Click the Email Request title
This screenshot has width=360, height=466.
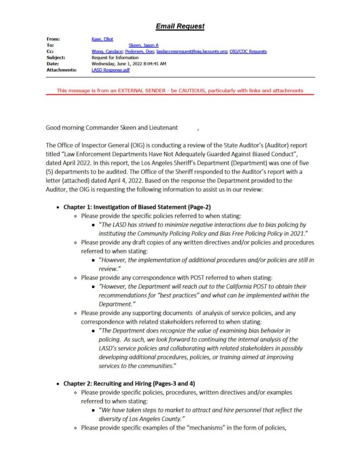click(x=180, y=26)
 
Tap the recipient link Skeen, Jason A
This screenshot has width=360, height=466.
click(x=144, y=46)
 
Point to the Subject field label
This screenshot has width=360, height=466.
click(x=56, y=58)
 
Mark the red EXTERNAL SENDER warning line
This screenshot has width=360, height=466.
click(x=180, y=91)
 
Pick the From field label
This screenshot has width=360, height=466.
click(x=53, y=39)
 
